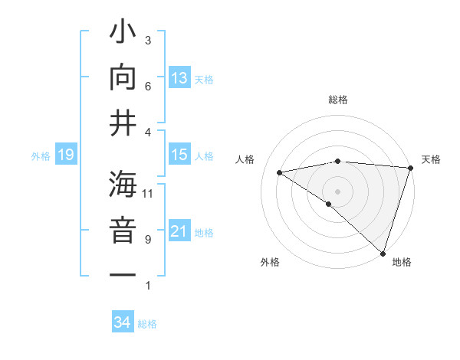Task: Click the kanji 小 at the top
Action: coord(123,35)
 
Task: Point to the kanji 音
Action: coord(123,231)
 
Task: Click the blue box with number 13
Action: coord(179,77)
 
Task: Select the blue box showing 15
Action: coord(179,155)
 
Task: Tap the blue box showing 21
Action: coord(179,231)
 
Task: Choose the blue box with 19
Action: coord(66,155)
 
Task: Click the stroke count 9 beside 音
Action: coord(148,240)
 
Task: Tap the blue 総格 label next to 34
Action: coord(147,324)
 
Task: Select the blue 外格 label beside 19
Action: coord(41,156)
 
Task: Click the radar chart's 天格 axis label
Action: coord(432,159)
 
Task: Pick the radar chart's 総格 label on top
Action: coord(337,100)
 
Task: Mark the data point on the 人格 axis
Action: coord(280,172)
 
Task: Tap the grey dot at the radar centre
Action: coord(337,190)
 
